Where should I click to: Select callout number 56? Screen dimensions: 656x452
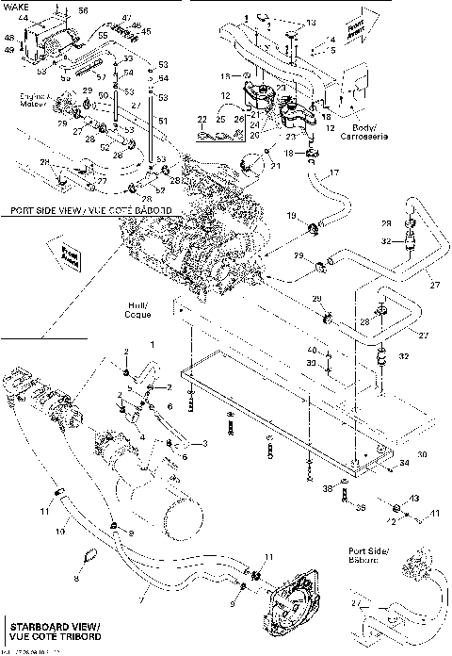tap(82, 10)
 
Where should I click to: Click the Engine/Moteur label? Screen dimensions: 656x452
tap(34, 101)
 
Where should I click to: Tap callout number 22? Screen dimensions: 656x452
tap(202, 120)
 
